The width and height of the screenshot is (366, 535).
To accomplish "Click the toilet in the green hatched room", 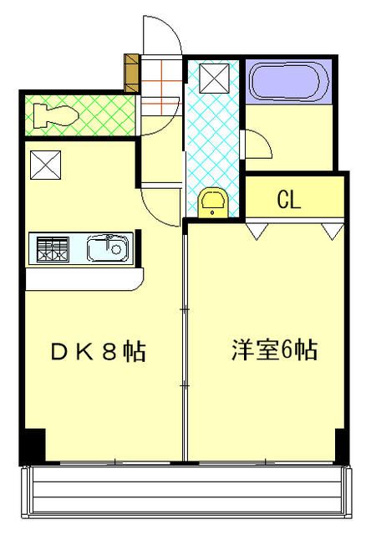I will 52,116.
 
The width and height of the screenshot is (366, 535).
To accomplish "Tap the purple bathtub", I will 288,84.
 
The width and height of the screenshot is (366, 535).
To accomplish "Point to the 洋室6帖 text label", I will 274,350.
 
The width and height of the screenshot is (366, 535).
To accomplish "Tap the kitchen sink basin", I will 108,248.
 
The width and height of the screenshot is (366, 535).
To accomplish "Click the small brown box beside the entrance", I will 132,73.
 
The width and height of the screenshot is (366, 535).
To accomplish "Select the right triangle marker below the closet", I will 333,230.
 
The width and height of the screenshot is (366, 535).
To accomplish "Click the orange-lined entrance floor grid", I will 159,84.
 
